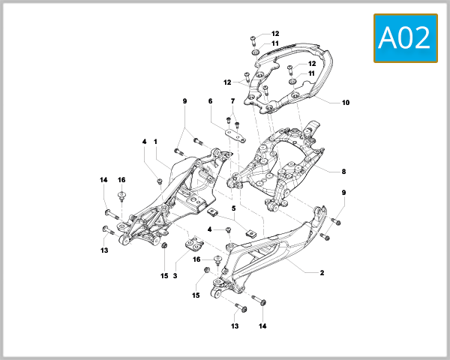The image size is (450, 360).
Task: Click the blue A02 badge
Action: coord(406,37)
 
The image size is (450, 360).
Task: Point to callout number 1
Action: coord(156,141)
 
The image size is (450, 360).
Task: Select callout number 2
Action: coord(322,273)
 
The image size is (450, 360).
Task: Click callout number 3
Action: coord(175,276)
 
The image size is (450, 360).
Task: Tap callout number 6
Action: coord(210,100)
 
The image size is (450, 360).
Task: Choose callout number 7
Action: coord(233,100)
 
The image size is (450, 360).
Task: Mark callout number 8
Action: coord(343,172)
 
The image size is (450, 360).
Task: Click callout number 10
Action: coord(346,103)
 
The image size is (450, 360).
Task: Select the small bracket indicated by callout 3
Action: coord(196,243)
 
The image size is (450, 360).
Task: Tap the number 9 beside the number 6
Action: coord(184,100)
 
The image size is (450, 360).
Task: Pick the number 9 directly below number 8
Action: coord(343,193)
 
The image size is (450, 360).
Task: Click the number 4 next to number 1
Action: coord(143,141)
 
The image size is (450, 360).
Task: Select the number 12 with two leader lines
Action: coord(227,82)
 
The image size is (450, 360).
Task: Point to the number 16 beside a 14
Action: coord(121,180)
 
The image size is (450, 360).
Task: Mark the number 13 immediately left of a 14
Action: coord(235,326)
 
